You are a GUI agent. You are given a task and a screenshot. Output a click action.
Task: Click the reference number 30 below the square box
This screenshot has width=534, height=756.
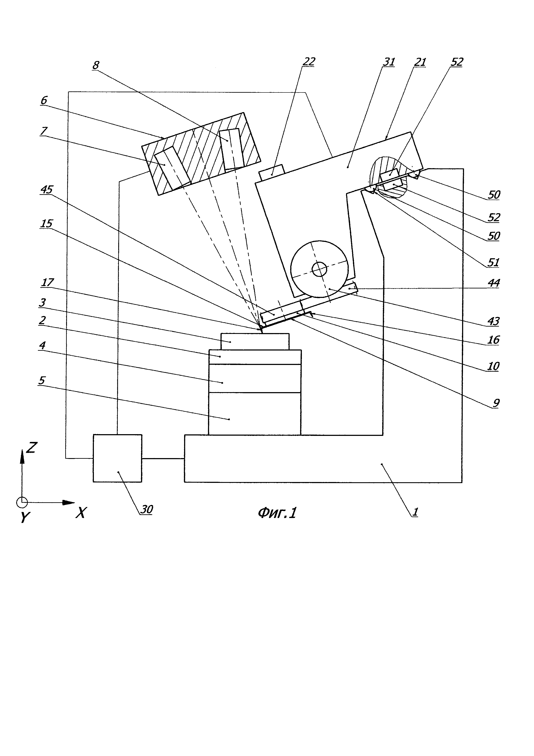tap(147, 509)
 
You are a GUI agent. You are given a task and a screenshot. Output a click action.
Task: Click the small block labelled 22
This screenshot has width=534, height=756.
tap(272, 172)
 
